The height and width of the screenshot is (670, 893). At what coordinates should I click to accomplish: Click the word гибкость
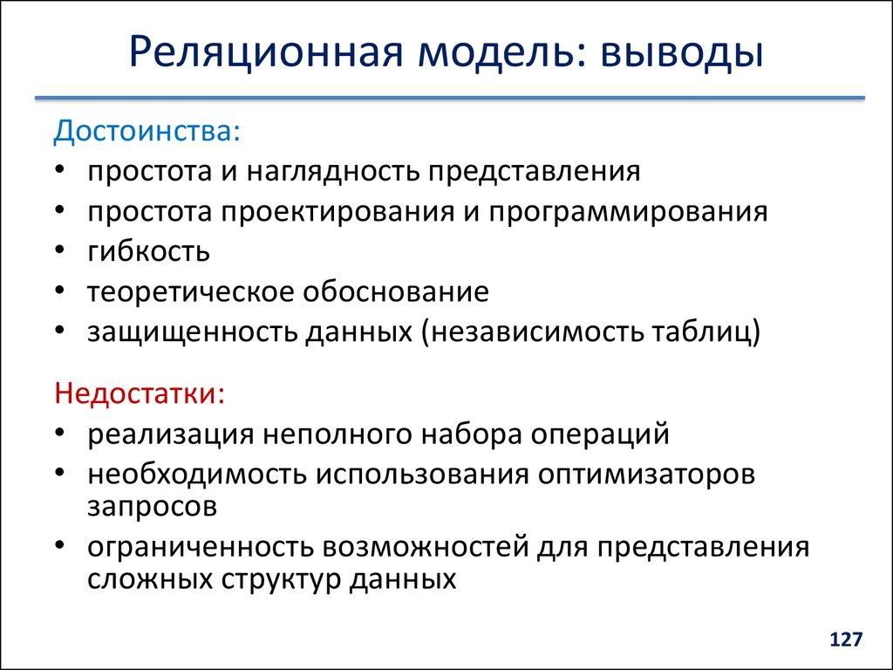148,252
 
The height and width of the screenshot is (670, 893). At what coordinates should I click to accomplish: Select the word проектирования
328,211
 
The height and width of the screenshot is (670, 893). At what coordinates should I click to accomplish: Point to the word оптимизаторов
646,474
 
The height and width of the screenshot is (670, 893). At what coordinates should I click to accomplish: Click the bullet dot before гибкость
58,252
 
